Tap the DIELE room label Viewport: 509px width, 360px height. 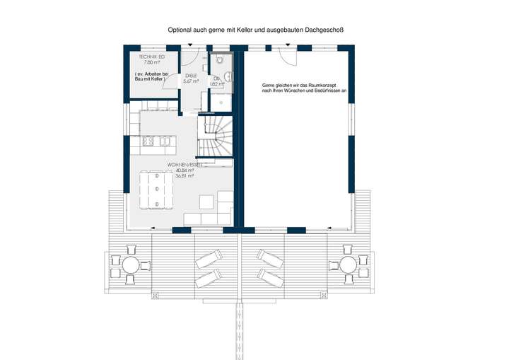pyautogui.click(x=191, y=75)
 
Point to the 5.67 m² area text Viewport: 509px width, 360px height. pyautogui.click(x=191, y=81)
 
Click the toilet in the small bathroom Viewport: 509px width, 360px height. pyautogui.click(x=221, y=59)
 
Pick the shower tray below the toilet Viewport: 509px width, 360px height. pyautogui.click(x=221, y=102)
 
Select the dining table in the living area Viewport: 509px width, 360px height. pyautogui.click(x=156, y=190)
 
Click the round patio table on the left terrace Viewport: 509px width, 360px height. pyautogui.click(x=131, y=266)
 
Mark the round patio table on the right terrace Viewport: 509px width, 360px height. pyautogui.click(x=349, y=266)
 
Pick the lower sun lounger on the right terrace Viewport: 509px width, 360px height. pyautogui.click(x=271, y=275)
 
